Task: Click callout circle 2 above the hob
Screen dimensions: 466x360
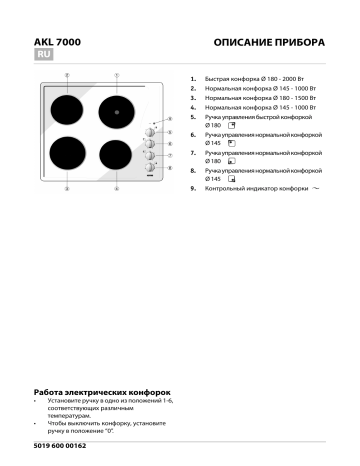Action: [x=67, y=75]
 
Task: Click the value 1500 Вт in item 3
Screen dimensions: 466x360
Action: [x=276, y=98]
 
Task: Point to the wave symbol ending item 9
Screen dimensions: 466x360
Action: [x=288, y=188]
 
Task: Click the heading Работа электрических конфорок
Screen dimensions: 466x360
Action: [x=102, y=393]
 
